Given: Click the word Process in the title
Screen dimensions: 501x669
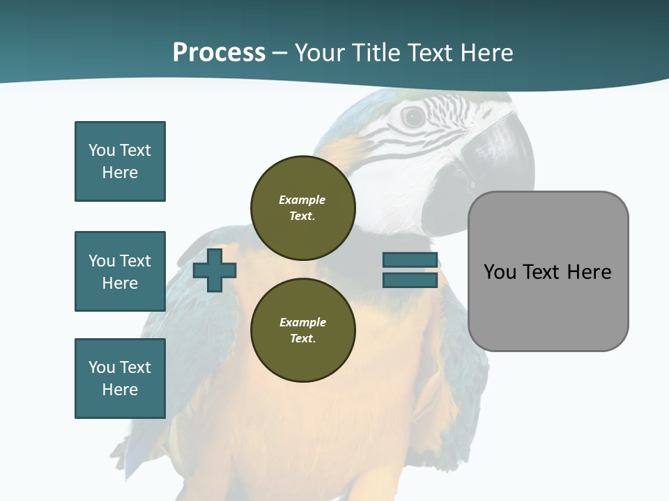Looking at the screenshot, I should point(219,53).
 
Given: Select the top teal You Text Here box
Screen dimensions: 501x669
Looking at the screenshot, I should point(120,161).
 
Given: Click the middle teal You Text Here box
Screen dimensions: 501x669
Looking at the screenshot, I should point(120,271).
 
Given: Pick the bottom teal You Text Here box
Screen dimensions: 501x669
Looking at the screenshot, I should point(120,379).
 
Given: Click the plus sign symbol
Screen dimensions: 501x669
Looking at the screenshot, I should point(215,270).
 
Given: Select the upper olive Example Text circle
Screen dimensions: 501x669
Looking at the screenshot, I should point(302,207).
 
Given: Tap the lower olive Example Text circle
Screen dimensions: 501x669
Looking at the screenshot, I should point(302,330).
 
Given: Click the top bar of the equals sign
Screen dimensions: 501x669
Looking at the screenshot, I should point(410,260).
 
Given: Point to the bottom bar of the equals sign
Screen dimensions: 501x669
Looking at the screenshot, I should point(410,280).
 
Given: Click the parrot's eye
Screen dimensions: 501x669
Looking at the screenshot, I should point(413,117).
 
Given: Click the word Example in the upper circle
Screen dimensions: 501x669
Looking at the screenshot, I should point(302,200).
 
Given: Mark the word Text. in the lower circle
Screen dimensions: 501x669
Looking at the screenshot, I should point(302,339).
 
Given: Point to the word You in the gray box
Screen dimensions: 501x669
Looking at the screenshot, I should point(500,272).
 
